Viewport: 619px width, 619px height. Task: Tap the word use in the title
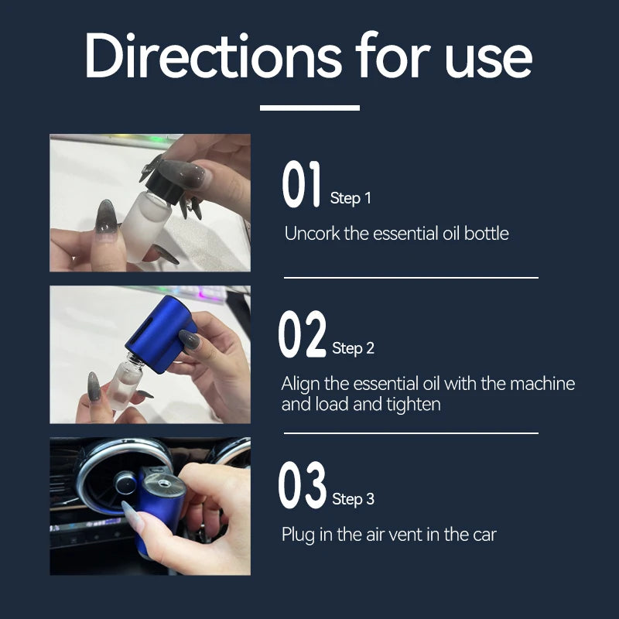point(489,60)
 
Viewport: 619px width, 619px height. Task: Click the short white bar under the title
point(310,108)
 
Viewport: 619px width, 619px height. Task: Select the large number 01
point(301,184)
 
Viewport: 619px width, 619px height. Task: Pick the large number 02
point(303,334)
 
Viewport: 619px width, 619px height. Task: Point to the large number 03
point(303,485)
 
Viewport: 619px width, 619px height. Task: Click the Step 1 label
point(351,198)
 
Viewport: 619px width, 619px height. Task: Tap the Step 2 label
point(353,348)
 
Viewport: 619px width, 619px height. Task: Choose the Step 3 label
point(353,499)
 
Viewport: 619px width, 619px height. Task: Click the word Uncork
point(312,234)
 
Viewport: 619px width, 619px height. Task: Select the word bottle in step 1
point(487,234)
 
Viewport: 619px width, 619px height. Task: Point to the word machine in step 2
point(542,384)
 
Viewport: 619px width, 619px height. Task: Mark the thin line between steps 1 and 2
point(411,278)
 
